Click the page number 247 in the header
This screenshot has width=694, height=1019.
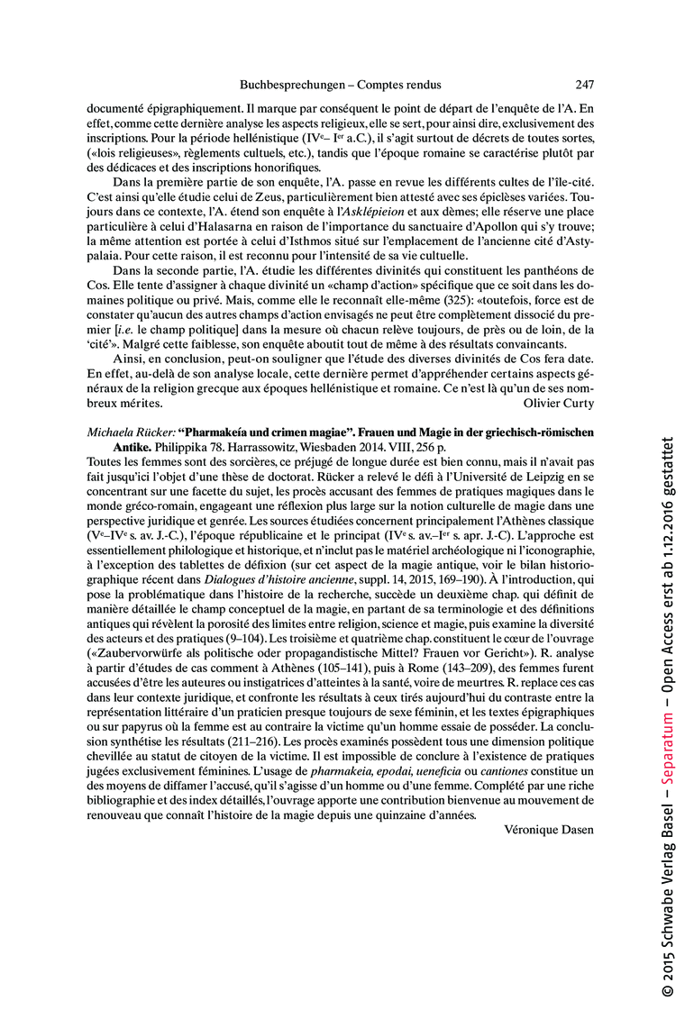tap(584, 85)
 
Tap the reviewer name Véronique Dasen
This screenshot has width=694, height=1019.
tap(549, 830)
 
